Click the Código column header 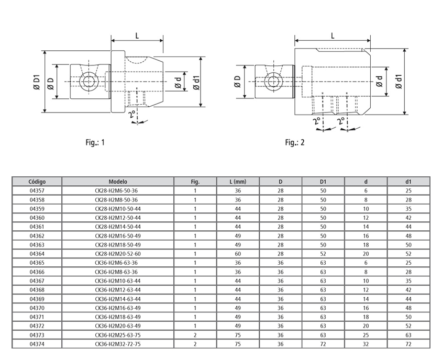tap(37, 182)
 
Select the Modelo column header tap(118, 182)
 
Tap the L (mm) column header tap(238, 182)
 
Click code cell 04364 tap(37, 254)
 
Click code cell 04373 tap(37, 335)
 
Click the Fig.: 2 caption tap(295, 142)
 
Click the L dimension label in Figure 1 tap(137, 36)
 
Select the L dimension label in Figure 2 tap(333, 36)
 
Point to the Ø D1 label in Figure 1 tap(37, 82)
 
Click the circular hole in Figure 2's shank tap(272, 81)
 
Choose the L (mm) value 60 tap(238, 254)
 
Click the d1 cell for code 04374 tap(408, 344)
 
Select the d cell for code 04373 tap(366, 335)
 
